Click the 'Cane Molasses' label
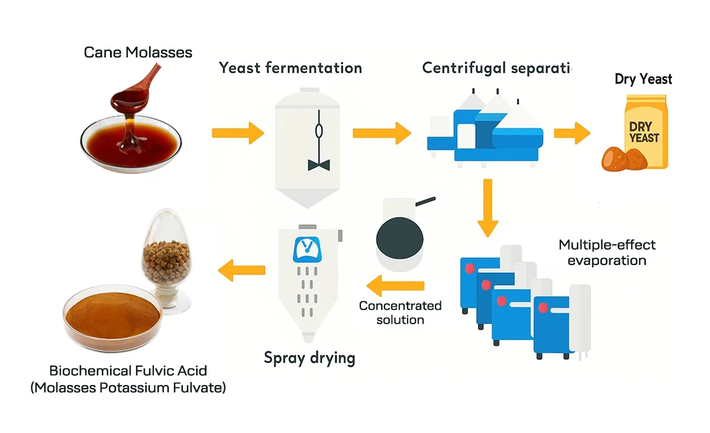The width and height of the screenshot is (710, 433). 138,52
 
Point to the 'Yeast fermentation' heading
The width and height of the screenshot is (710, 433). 291,67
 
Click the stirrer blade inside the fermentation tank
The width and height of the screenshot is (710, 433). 318,165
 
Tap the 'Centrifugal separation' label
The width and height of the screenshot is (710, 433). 496,67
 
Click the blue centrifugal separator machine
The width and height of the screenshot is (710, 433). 485,130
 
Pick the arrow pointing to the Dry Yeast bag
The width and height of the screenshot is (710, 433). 572,133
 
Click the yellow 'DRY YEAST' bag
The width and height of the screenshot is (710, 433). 644,134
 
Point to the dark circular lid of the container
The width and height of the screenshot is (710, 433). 400,237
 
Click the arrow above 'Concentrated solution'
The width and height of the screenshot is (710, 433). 395,286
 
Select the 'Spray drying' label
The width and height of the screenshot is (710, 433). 309,358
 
